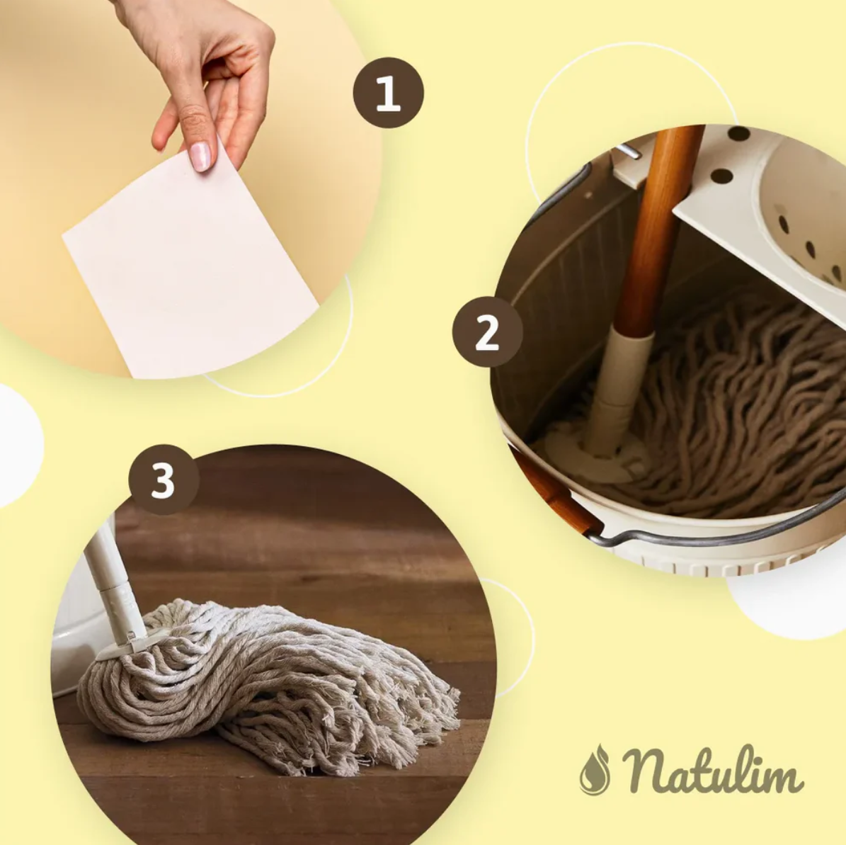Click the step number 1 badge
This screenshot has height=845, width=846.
click(388, 93)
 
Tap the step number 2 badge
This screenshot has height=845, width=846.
click(487, 331)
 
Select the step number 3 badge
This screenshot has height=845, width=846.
click(164, 480)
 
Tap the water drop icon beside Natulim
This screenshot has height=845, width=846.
click(595, 771)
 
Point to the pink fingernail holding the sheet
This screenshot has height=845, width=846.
click(200, 156)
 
